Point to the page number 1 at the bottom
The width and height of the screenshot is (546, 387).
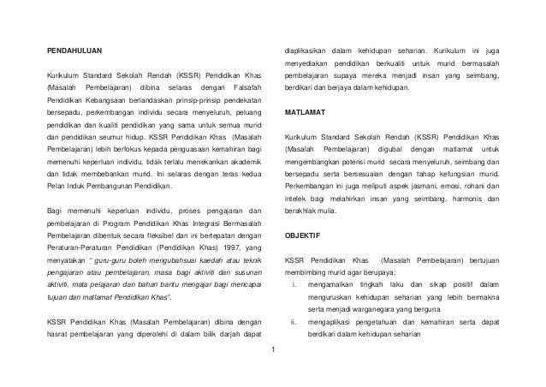273,350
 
